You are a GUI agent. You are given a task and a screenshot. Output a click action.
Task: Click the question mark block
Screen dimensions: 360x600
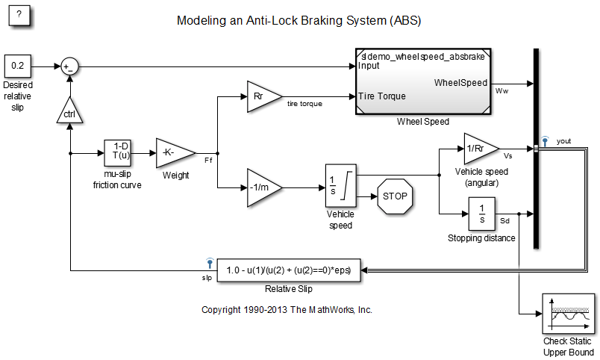pos(19,17)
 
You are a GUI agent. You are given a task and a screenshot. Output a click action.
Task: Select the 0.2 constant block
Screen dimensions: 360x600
pos(17,66)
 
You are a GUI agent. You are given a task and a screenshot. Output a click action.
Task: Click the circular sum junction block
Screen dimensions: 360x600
pos(69,66)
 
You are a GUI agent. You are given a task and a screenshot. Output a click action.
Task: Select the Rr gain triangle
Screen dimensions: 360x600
pos(261,96)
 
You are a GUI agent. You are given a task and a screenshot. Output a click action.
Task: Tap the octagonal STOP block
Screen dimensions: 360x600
pos(395,196)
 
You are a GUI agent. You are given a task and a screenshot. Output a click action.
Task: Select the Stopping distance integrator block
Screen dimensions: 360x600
pos(481,214)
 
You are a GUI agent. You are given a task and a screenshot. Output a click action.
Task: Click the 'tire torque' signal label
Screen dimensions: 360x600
pos(304,104)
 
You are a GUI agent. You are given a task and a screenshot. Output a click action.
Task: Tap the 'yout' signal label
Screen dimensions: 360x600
pos(563,140)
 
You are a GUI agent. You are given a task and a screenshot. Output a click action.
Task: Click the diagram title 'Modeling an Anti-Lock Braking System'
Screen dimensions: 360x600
pos(299,20)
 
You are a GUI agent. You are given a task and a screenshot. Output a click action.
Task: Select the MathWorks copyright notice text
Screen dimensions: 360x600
pos(287,309)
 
